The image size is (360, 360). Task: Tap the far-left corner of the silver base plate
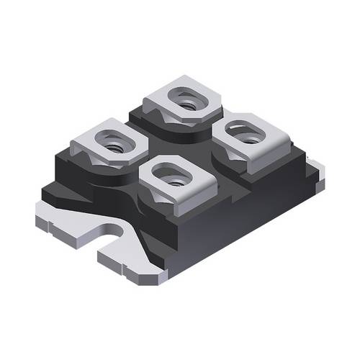[x=40, y=212]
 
